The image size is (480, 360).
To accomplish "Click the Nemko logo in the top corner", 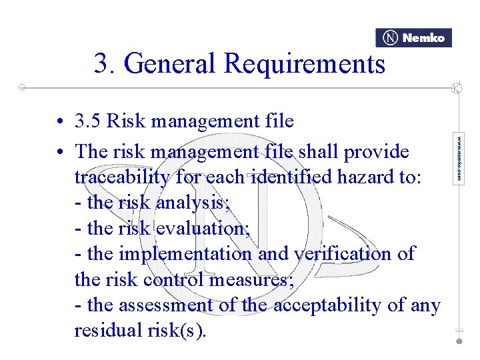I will pyautogui.click(x=413, y=38).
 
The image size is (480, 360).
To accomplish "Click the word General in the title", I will pyautogui.click(x=171, y=64).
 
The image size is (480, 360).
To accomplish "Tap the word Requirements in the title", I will pyautogui.click(x=305, y=64).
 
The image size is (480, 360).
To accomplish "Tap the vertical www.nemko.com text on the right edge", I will pyautogui.click(x=459, y=159).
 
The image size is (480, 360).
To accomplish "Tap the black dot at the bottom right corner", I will pyautogui.click(x=459, y=341).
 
